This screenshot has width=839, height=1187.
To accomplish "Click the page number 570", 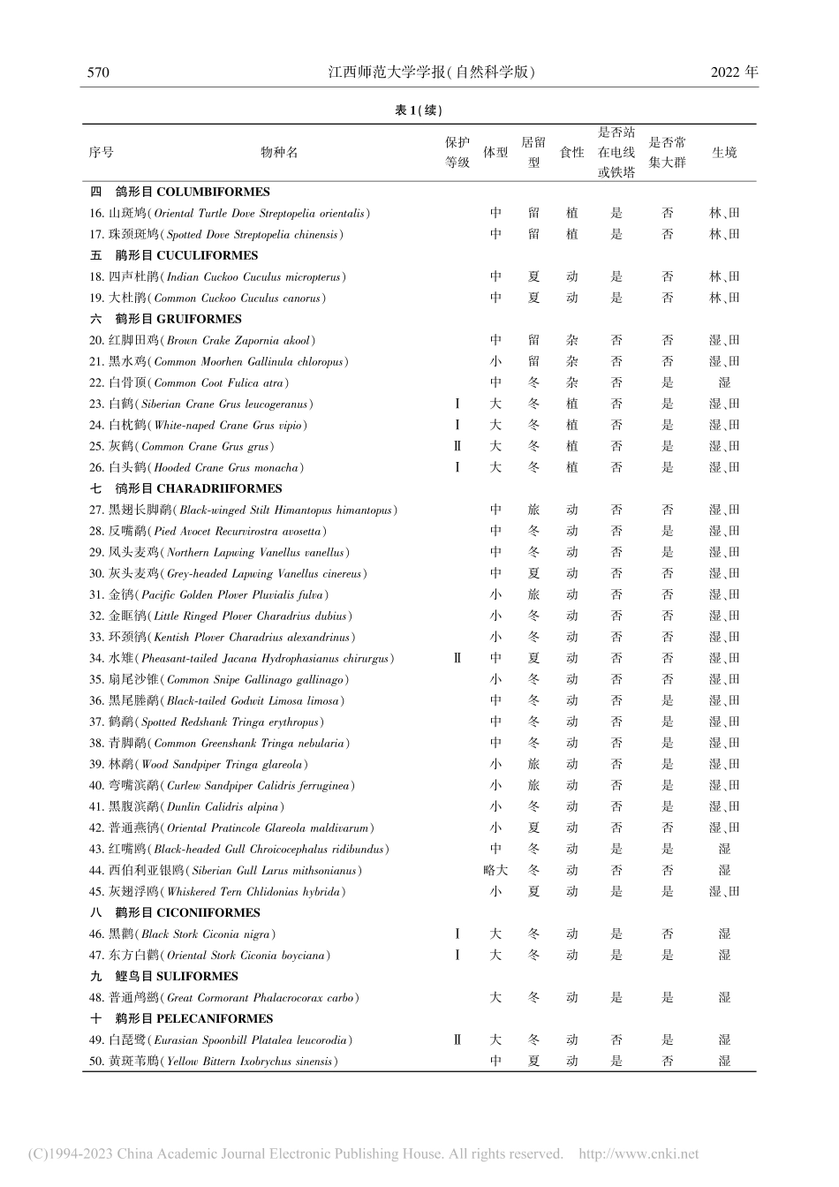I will (x=98, y=72).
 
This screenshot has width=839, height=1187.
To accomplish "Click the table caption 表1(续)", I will (x=419, y=110).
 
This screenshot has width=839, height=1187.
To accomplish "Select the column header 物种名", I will (x=279, y=152).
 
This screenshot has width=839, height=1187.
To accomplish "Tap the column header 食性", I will (x=572, y=152).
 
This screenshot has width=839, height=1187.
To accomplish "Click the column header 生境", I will (x=724, y=152).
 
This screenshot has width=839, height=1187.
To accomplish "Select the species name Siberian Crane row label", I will (x=200, y=404).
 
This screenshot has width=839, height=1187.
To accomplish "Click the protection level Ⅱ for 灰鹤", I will (x=457, y=446).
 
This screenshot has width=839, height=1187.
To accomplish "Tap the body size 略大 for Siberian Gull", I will (x=495, y=870).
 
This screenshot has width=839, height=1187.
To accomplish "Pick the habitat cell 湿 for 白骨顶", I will (x=724, y=382).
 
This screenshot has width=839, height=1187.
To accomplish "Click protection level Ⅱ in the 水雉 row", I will (x=457, y=658).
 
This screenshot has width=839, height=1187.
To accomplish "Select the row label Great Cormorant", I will (x=223, y=997).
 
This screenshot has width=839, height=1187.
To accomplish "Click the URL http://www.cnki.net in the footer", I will (x=638, y=1153).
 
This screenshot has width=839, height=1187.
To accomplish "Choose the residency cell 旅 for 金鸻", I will (x=533, y=594).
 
